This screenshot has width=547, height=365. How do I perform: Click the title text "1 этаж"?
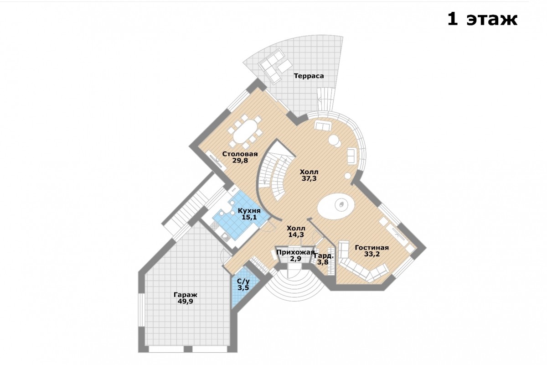(482, 19)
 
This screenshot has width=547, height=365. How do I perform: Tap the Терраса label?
(309, 76)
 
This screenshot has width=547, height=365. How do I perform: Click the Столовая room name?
(240, 154)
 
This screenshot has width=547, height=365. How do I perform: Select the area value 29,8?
(240, 161)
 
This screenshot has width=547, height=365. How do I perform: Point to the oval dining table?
(245, 131)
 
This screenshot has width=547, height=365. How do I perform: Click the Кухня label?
(249, 210)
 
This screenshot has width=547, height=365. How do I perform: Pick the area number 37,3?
(309, 178)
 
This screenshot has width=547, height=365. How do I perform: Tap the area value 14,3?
(296, 235)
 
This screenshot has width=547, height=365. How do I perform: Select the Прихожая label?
(295, 252)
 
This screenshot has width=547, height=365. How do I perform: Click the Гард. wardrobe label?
(323, 256)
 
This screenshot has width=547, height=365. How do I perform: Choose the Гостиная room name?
(372, 248)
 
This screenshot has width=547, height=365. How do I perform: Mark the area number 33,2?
(372, 254)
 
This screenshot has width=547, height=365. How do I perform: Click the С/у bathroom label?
(243, 282)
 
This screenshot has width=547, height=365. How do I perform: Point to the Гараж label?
(186, 295)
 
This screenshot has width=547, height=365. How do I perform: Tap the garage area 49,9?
(186, 301)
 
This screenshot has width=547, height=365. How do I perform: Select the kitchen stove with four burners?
(215, 226)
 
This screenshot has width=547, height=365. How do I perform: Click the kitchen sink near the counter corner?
(225, 237)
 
